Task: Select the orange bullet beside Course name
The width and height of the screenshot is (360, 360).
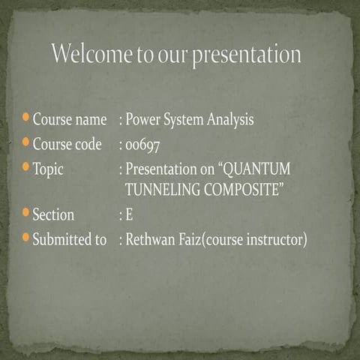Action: pyautogui.click(x=26, y=118)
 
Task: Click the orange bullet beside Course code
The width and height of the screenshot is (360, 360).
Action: pyautogui.click(x=26, y=142)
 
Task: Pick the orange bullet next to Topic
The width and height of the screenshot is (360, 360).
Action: pyautogui.click(x=26, y=167)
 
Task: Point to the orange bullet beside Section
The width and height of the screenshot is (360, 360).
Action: pyautogui.click(x=26, y=214)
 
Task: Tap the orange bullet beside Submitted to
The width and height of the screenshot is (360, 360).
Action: pyautogui.click(x=26, y=239)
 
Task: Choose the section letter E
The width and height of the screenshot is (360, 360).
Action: pyautogui.click(x=129, y=216)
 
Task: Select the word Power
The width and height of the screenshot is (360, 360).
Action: pyautogui.click(x=142, y=119)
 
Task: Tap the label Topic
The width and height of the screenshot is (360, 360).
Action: pyautogui.click(x=48, y=169)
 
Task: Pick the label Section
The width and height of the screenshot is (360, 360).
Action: pyautogui.click(x=53, y=216)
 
